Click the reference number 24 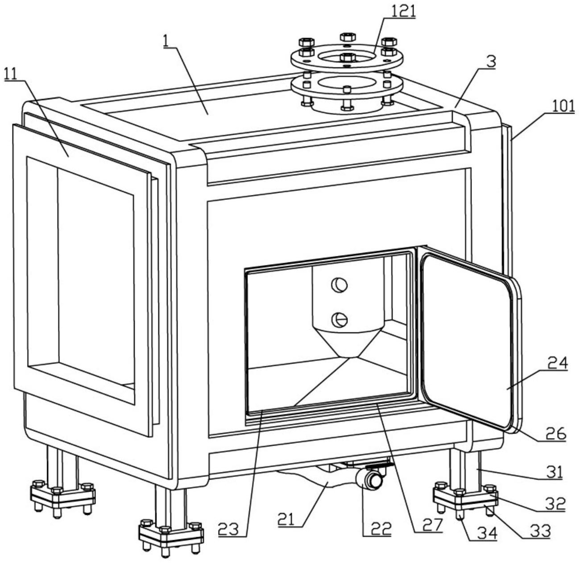coord(557,364)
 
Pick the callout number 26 coord(555,434)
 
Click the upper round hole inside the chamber coord(339,285)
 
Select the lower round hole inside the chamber coord(339,319)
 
